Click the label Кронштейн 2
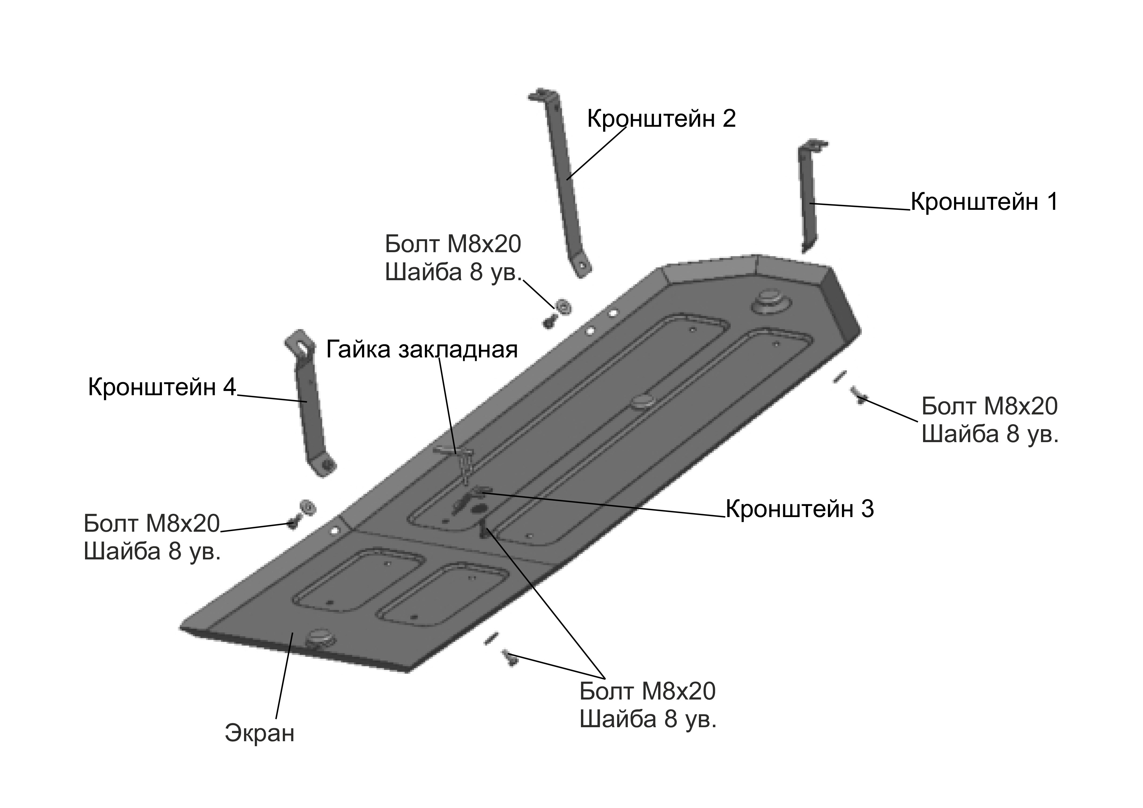661,119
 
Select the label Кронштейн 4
162,387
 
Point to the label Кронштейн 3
800,509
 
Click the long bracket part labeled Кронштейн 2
561,182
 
